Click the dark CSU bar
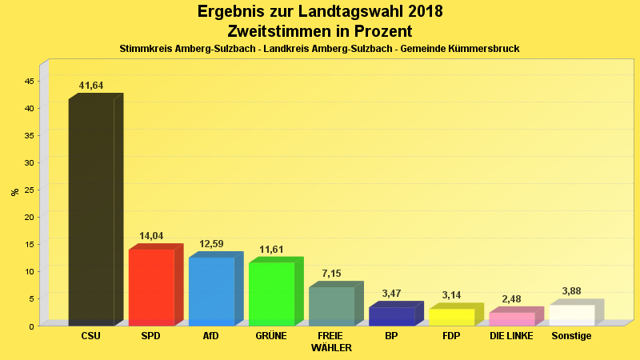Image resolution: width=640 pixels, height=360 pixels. pyautogui.click(x=91, y=212)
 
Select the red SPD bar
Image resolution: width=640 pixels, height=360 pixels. pyautogui.click(x=151, y=287)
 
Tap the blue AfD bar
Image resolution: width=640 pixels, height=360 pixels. pyautogui.click(x=211, y=291)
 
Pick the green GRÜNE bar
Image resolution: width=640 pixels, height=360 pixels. pyautogui.click(x=271, y=294)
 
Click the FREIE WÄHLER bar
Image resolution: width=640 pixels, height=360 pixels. pyautogui.click(x=331, y=306)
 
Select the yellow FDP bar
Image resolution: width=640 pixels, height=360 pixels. pyautogui.click(x=451, y=317)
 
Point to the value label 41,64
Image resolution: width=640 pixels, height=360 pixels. pyautogui.click(x=91, y=86)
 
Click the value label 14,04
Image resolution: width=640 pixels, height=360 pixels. pyautogui.click(x=151, y=236)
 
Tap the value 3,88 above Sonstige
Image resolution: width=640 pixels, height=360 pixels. pyautogui.click(x=571, y=291)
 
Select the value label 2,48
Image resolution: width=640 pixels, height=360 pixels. pyautogui.click(x=511, y=299)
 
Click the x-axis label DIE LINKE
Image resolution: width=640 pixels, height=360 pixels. pyautogui.click(x=511, y=336)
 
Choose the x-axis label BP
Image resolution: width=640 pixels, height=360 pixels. pyautogui.click(x=391, y=336)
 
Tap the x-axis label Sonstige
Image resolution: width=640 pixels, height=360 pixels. pyautogui.click(x=571, y=336)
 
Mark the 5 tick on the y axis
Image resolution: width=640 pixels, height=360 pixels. pyautogui.click(x=31, y=299)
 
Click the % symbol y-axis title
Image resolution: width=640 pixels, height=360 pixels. pyautogui.click(x=14, y=192)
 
